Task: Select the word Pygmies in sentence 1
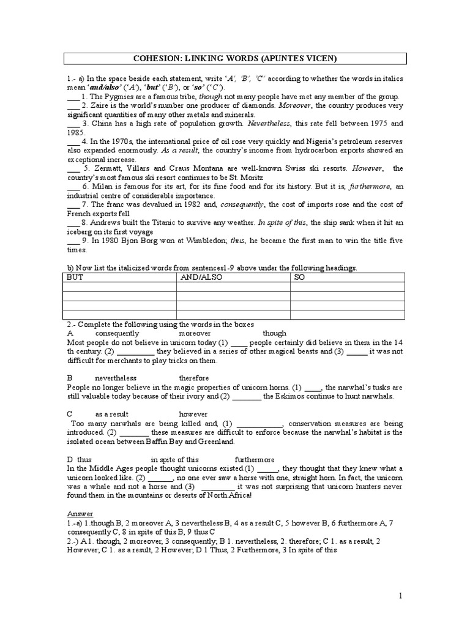pyautogui.click(x=120, y=97)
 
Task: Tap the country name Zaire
pyautogui.click(x=100, y=105)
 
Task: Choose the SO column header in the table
pyautogui.click(x=300, y=277)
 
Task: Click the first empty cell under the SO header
pyautogui.click(x=346, y=287)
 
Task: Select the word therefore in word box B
pyautogui.click(x=194, y=378)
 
